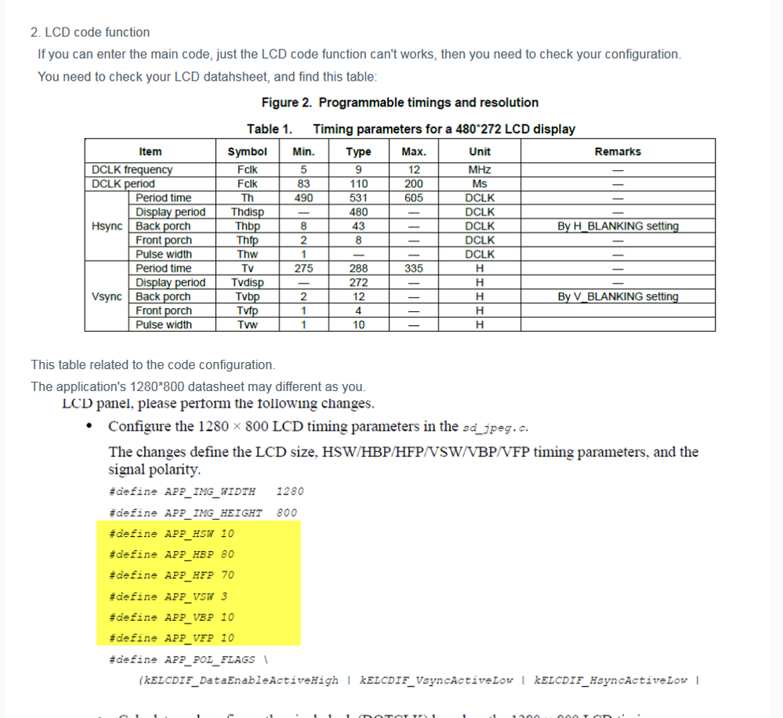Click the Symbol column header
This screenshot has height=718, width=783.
tap(247, 151)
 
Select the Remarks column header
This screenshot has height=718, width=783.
tap(617, 151)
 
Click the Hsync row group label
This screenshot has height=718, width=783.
tap(107, 226)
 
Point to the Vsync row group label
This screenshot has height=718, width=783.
tap(107, 296)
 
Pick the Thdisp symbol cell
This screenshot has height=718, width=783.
tap(247, 212)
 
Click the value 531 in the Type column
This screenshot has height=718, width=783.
tap(358, 198)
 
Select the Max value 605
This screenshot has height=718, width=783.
tap(414, 198)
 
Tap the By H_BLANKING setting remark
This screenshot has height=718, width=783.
tap(617, 226)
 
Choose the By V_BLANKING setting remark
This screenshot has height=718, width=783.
tap(617, 296)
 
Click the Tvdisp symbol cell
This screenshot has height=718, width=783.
tap(247, 282)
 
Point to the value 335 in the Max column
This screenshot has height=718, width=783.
tap(414, 268)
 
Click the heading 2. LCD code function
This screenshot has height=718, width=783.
tap(90, 32)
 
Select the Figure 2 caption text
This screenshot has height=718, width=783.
tap(400, 103)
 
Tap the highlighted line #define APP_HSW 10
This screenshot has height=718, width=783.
tap(172, 534)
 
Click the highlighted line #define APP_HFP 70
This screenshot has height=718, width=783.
tap(172, 575)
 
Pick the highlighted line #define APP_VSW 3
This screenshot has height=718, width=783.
tap(169, 597)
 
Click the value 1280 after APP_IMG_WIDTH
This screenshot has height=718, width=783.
tap(290, 491)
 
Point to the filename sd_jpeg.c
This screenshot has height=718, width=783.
tap(495, 427)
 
